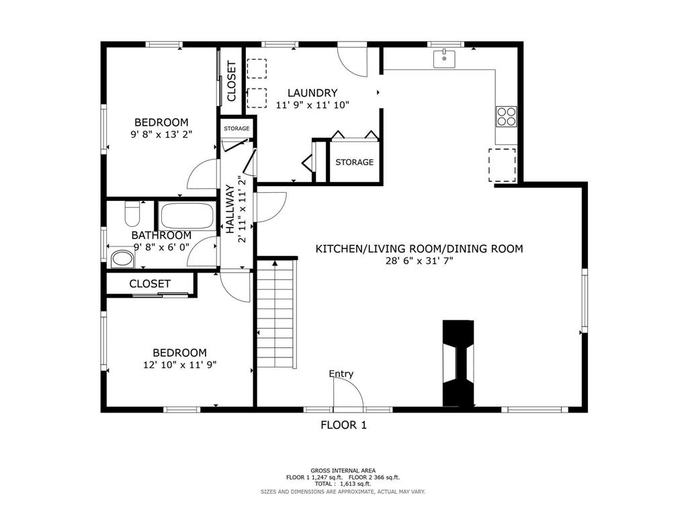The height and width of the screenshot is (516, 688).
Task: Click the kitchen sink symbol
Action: tap(444, 59)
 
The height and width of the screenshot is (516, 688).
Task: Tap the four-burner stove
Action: tap(507, 116)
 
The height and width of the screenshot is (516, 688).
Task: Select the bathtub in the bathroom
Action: tap(187, 216)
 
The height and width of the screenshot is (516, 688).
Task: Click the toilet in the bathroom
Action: tap(132, 213)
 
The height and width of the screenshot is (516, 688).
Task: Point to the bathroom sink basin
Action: tap(122, 259)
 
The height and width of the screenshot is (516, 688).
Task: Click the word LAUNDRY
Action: tap(312, 93)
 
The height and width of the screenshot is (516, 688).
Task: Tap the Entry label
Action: tap(341, 374)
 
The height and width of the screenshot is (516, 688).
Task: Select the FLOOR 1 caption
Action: tap(343, 425)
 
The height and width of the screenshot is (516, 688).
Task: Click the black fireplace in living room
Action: tap(458, 363)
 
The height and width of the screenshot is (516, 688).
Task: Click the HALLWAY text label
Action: tap(230, 209)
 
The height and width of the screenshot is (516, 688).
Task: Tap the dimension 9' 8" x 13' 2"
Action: tap(161, 134)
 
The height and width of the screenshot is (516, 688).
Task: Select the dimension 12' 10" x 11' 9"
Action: tap(180, 365)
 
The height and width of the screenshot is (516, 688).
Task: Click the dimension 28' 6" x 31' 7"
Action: tap(419, 261)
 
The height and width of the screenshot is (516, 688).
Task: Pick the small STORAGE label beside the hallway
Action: tap(236, 128)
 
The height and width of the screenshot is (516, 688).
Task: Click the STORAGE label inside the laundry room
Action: tap(355, 163)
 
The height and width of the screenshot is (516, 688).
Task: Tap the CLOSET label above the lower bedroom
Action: tap(150, 284)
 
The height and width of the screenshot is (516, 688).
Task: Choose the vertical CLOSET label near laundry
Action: tap(231, 81)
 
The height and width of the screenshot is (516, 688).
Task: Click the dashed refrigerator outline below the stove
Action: tap(503, 165)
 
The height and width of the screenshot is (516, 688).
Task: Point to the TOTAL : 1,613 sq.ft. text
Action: tap(343, 484)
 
